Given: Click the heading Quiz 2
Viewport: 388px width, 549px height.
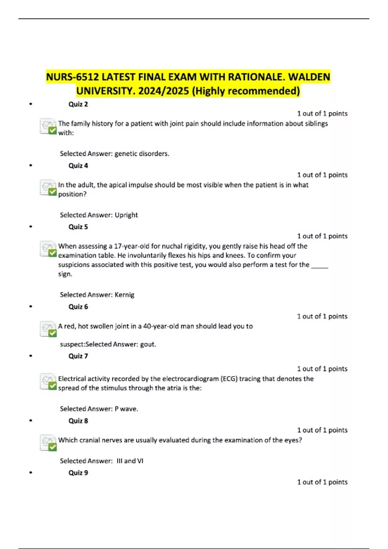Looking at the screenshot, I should (x=78, y=104).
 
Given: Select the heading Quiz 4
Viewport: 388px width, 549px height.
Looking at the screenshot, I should (x=78, y=166).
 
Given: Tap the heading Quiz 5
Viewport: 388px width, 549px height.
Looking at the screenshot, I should (x=78, y=227).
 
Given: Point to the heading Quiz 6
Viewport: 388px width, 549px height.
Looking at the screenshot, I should (x=78, y=307).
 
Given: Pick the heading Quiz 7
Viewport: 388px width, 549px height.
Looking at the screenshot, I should (x=78, y=356).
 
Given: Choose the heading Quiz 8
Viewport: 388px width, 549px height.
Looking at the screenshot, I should (x=78, y=421).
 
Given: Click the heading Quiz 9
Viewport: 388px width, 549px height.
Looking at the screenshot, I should (x=78, y=473).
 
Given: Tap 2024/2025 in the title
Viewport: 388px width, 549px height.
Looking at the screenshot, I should (x=163, y=91).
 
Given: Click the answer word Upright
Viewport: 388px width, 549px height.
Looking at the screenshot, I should (x=126, y=215).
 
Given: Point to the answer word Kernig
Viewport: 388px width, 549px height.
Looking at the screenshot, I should (x=124, y=295).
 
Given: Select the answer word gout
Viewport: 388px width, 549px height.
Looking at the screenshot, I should (x=148, y=345).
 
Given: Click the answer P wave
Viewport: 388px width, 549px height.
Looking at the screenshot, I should (x=126, y=409).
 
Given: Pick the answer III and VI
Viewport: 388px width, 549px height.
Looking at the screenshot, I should (x=130, y=461).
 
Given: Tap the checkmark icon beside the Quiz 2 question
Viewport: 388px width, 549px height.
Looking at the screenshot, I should (x=48, y=126).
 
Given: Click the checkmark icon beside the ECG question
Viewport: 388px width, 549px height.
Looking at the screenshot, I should (x=48, y=381).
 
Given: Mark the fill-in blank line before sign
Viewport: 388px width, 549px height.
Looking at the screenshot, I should (x=319, y=267).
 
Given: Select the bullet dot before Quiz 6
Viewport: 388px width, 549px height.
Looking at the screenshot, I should (x=31, y=306).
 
